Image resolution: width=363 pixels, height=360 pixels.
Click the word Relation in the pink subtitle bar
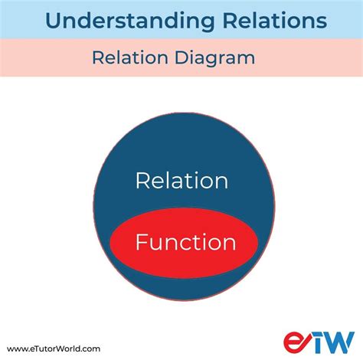123,57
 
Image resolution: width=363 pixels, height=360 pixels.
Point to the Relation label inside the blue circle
181,181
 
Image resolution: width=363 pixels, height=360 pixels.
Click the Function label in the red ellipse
185,243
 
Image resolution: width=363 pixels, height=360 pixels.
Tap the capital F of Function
141,243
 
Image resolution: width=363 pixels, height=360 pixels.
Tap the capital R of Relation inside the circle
141,181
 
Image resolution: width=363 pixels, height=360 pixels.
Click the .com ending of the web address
90,348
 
